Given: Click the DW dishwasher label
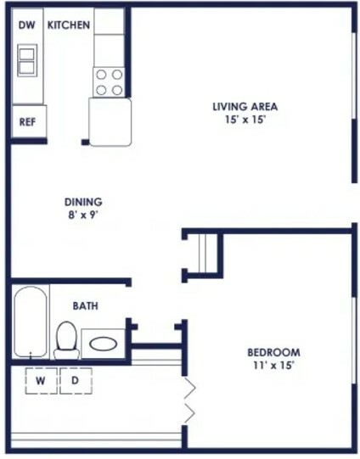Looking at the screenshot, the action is pos(26,25).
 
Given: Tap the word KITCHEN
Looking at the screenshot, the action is pos(69,25).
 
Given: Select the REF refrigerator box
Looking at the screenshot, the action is pos(29,121).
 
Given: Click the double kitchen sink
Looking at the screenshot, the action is pos(27,60).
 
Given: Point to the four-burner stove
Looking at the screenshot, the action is pos(109,82).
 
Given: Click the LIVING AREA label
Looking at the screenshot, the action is pos(245,107).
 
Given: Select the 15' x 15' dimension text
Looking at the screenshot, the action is pos(245,120).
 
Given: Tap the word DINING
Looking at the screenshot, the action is pos(83,202).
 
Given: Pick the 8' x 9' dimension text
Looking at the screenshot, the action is pos(83,216).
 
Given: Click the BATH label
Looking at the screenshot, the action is pos(85,306).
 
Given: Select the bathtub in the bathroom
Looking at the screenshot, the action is pos(31,322).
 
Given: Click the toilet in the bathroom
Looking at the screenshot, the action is pos(66,340).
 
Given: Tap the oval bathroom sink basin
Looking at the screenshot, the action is pos(103,344).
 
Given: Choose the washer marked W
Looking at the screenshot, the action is pos(41,381).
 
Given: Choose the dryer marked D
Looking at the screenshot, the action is pos(76,381).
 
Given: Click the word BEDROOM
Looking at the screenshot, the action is pos(273,352).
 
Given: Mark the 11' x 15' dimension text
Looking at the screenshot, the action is pos(273,366).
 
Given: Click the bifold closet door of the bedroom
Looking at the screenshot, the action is pos(189,400).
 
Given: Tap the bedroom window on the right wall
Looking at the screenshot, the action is pos(354,340).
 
